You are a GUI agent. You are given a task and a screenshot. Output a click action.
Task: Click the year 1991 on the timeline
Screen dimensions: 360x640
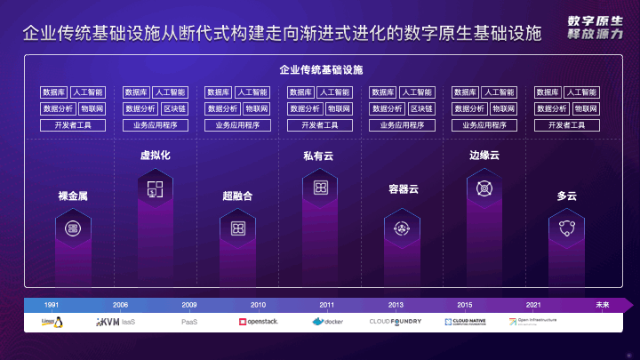52,305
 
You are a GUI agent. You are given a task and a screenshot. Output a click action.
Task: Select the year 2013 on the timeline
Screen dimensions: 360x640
396,305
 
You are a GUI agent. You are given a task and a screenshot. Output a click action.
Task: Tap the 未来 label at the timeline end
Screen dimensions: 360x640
603,305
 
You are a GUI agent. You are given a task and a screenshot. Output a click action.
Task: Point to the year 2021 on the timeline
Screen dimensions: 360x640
532,305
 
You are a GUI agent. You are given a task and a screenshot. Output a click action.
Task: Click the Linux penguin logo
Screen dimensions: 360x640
52,322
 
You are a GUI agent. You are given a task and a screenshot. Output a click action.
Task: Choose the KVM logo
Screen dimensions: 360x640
108,321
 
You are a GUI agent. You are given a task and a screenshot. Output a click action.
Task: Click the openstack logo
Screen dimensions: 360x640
259,321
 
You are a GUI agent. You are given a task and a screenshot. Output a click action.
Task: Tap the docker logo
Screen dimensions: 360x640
327,321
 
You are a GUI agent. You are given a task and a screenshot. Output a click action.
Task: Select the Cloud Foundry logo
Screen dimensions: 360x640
396,321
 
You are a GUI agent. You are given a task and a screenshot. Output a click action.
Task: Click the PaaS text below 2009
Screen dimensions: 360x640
189,321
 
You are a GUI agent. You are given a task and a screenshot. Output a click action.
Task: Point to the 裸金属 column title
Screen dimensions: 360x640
73,195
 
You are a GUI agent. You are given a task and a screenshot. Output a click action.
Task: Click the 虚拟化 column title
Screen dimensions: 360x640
155,156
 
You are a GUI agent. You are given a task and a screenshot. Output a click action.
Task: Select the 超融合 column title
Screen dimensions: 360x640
237,195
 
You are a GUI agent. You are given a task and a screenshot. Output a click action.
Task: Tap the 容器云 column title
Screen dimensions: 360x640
404,189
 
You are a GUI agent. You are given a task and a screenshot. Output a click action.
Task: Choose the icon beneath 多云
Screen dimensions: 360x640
567,228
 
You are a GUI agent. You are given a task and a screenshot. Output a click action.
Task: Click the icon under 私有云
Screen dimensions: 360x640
320,188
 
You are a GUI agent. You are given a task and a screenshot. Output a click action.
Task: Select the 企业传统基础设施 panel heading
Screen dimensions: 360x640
320,69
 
